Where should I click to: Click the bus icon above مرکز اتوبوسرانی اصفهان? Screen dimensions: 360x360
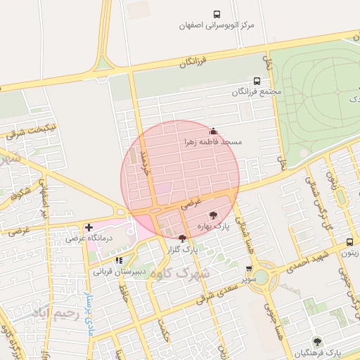(x=217, y=14)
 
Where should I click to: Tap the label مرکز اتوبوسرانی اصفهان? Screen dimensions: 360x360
(x=216, y=25)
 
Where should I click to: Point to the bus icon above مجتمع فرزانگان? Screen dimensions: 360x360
(x=257, y=81)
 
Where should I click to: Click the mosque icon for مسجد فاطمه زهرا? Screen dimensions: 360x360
(x=213, y=131)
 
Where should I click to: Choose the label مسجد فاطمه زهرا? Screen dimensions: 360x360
(x=212, y=142)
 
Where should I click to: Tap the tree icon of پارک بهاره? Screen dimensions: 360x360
(x=213, y=215)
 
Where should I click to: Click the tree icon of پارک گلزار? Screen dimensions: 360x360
(x=183, y=239)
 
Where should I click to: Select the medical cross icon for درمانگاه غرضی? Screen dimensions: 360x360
(x=89, y=227)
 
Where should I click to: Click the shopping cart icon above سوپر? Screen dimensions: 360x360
(x=250, y=268)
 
